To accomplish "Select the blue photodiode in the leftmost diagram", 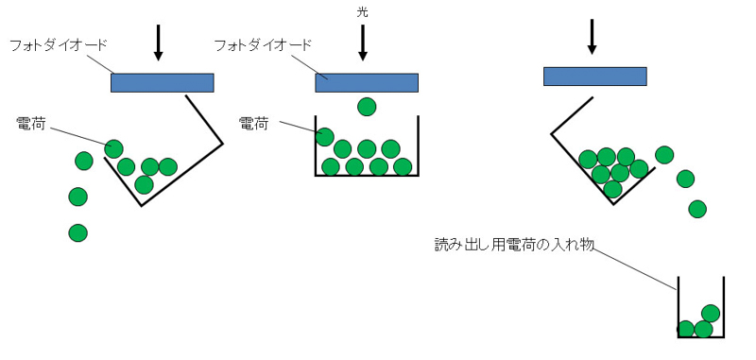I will pos(162,82).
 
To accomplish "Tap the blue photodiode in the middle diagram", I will pos(366,82).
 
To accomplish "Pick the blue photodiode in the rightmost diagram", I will pos(594,76).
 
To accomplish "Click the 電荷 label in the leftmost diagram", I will pos(32,123).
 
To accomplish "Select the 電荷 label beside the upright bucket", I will pos(253,123).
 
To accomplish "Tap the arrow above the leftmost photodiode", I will pos(159,40).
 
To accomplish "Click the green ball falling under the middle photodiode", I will pos(366,107).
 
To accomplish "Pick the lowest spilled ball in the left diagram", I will pos(78,232).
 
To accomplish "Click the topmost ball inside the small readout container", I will pos(711,313).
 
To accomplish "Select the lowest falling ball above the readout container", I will pos(697,209).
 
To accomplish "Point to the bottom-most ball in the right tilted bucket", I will pos(612,189).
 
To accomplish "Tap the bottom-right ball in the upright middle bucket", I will pos(403,167).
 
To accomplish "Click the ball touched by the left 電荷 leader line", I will pos(114,148).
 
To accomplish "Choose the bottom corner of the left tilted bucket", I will pos(142,204).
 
